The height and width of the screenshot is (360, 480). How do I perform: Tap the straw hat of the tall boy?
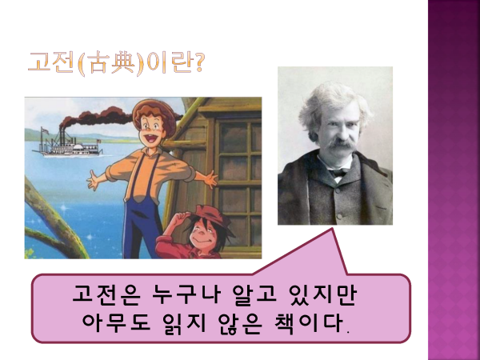154,114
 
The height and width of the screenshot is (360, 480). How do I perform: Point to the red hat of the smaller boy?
211,218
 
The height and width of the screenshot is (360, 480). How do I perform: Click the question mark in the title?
198,62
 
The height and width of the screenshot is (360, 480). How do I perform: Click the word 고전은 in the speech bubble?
106,295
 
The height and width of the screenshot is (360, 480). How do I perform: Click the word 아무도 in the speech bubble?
116,323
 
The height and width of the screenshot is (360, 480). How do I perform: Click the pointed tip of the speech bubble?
332,228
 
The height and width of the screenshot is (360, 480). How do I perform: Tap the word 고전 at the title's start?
51,62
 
